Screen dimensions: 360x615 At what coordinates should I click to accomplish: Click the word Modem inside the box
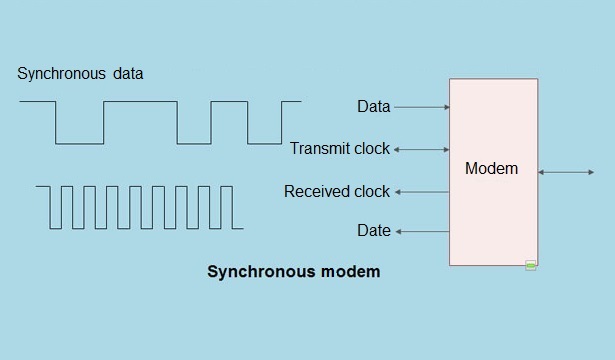[491, 169]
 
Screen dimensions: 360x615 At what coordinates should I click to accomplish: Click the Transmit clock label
[340, 149]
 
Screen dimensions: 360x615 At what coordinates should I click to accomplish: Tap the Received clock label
[337, 191]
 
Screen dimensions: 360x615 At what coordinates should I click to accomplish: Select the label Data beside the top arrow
[373, 106]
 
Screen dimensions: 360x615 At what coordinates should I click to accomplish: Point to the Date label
[373, 231]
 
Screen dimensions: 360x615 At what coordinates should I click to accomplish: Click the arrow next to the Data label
[421, 106]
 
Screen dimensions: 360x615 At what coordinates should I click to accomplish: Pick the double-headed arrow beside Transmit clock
[421, 149]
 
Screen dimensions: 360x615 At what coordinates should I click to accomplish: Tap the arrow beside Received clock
[421, 191]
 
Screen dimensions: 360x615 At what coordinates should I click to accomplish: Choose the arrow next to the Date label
[421, 231]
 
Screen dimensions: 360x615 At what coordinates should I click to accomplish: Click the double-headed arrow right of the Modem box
[566, 173]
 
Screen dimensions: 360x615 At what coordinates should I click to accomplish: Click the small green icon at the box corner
[531, 265]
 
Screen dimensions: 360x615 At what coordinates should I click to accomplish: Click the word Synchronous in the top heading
[61, 74]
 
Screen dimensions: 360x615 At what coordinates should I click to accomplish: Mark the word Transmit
[319, 149]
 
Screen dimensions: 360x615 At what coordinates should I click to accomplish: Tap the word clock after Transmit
[371, 149]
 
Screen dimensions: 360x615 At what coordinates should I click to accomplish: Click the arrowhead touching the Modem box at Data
[446, 106]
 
